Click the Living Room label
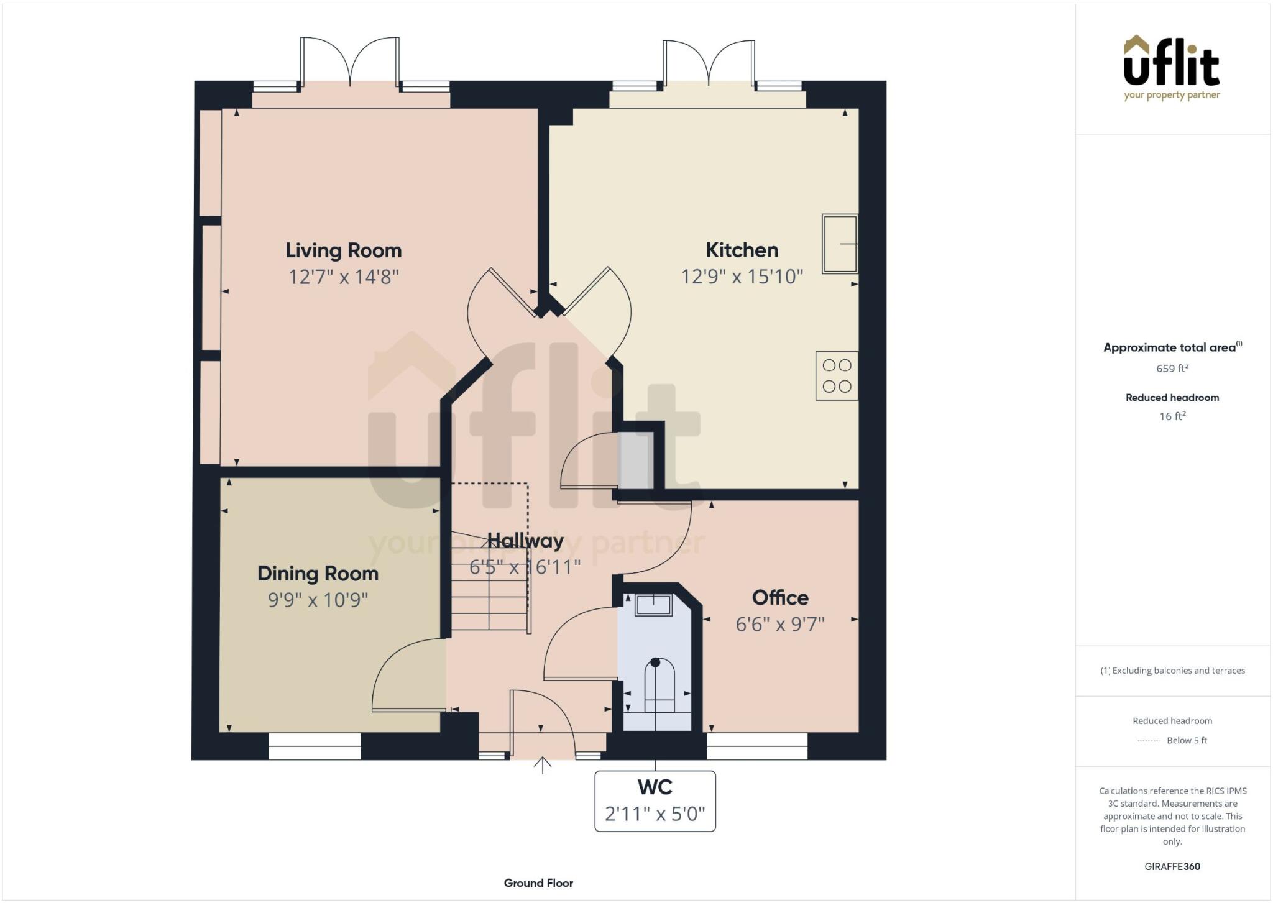[343, 250]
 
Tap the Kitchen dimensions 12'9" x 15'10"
[742, 277]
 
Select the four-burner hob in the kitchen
[837, 376]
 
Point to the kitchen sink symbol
[839, 244]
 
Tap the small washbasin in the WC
[653, 605]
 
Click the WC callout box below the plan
[655, 801]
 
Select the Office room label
[780, 598]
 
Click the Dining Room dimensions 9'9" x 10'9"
[318, 600]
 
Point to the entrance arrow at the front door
[543, 765]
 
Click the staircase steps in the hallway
[490, 597]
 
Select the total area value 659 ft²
[1172, 369]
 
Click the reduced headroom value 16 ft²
[1172, 416]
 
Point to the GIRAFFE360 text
[1172, 866]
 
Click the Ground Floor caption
[538, 883]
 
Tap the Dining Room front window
[315, 746]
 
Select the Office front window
[756, 746]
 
